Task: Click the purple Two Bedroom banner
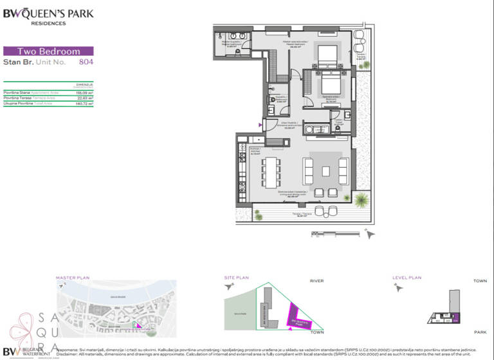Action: click(x=48, y=51)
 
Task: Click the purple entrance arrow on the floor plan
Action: click(x=261, y=125)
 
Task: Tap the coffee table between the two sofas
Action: click(x=326, y=171)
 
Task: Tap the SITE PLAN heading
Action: click(x=235, y=278)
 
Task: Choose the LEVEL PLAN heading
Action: click(x=407, y=278)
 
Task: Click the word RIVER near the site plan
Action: click(x=316, y=281)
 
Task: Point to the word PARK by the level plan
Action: click(x=480, y=332)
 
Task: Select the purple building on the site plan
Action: click(x=297, y=317)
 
